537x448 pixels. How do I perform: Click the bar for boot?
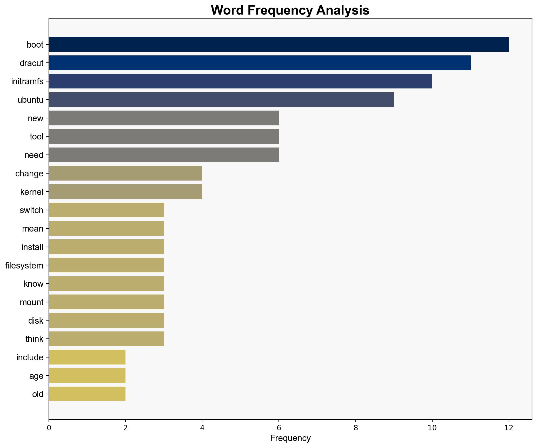pyautogui.click(x=279, y=44)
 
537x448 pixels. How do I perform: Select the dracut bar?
pyautogui.click(x=260, y=63)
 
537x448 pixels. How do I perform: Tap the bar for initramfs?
pyautogui.click(x=240, y=81)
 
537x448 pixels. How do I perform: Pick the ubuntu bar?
pyautogui.click(x=221, y=100)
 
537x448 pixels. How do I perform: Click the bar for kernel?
pyautogui.click(x=125, y=192)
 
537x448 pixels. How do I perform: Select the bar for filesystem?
pyautogui.click(x=106, y=265)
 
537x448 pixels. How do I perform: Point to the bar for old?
pyautogui.click(x=87, y=394)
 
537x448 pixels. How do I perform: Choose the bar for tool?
pyautogui.click(x=164, y=137)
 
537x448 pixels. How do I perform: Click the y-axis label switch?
pyautogui.click(x=31, y=210)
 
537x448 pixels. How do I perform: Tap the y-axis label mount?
pyautogui.click(x=31, y=302)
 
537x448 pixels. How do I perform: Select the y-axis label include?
pyautogui.click(x=30, y=357)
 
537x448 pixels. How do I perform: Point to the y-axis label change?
pyautogui.click(x=29, y=174)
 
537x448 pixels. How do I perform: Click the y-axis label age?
pyautogui.click(x=36, y=376)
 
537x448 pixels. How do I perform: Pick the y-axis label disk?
pyautogui.click(x=36, y=321)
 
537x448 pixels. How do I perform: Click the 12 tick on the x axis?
pyautogui.click(x=509, y=427)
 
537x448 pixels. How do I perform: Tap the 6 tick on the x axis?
pyautogui.click(x=279, y=427)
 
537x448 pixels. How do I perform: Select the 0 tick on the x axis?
pyautogui.click(x=49, y=427)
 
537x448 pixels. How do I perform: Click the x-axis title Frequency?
pyautogui.click(x=290, y=438)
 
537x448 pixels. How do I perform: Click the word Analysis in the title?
pyautogui.click(x=343, y=11)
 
